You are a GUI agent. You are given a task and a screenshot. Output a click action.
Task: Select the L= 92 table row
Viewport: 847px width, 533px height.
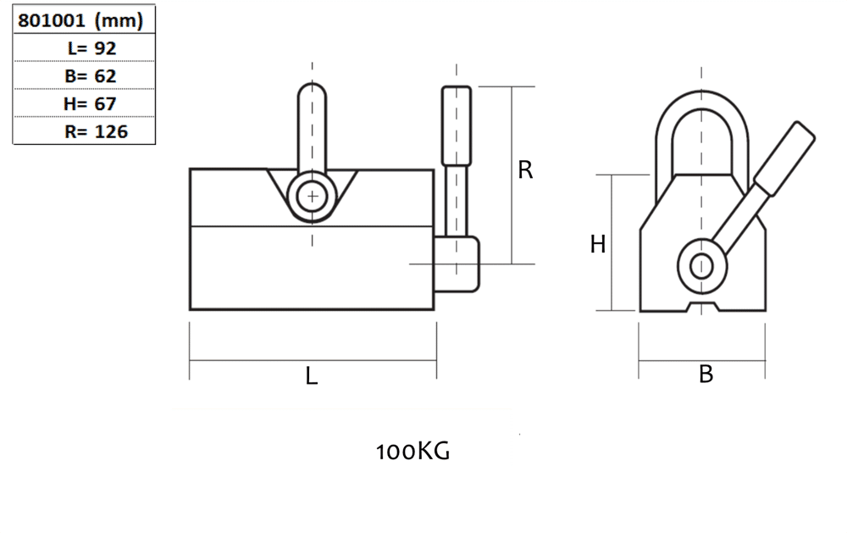(91, 48)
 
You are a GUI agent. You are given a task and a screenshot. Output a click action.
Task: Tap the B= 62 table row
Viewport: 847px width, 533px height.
(91, 75)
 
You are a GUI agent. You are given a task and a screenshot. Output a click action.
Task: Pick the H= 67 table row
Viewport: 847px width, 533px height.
(91, 103)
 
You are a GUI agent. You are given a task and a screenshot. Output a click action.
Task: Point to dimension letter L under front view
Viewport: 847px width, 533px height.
(312, 377)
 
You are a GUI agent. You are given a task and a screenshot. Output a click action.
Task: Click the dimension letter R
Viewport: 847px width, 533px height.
(525, 170)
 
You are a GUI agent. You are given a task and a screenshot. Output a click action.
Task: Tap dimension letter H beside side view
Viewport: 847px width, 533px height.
(598, 245)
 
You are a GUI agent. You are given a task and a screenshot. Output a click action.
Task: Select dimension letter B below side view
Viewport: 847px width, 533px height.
(706, 374)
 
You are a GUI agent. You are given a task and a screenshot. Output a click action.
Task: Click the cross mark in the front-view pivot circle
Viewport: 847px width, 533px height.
(313, 197)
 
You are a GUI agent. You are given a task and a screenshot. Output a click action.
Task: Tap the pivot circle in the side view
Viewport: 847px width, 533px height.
(701, 265)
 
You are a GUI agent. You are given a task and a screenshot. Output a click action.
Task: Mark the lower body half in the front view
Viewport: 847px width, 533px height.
(312, 268)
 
